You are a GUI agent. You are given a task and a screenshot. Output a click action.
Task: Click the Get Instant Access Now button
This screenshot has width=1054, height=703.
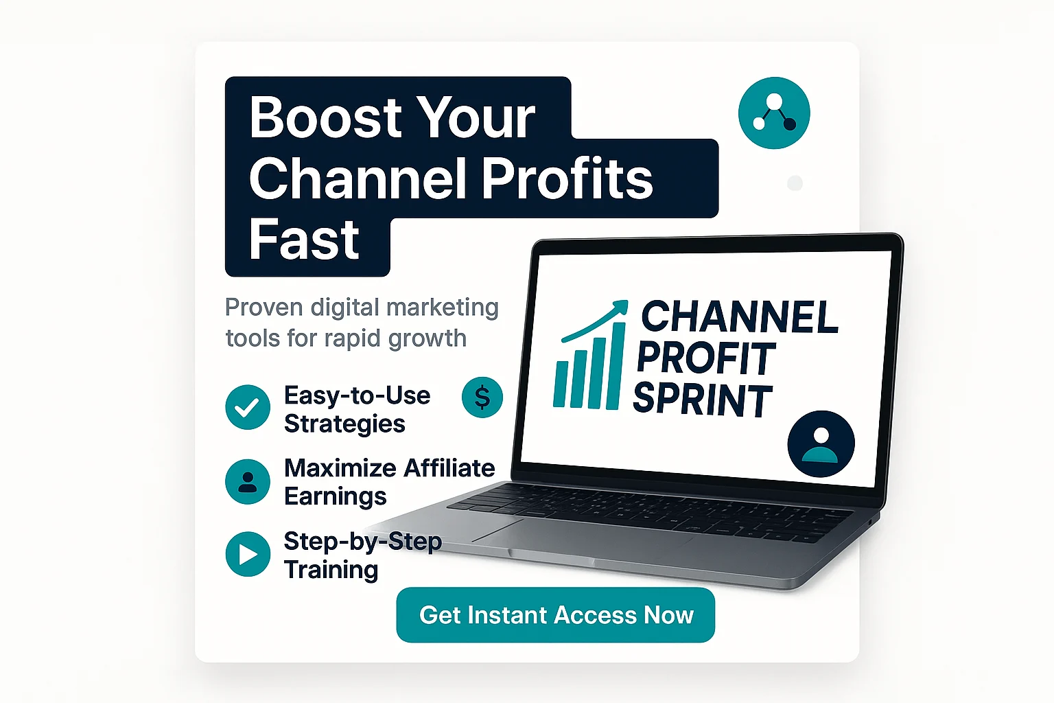pos(555,615)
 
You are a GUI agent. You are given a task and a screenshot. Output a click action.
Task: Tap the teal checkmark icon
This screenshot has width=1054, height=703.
pos(248,407)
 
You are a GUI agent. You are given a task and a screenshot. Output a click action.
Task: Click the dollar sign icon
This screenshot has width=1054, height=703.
pos(482,397)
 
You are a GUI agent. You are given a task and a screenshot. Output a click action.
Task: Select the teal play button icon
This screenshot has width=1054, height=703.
pos(248,554)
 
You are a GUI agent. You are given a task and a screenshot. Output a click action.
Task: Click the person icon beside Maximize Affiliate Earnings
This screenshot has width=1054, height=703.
pos(248,482)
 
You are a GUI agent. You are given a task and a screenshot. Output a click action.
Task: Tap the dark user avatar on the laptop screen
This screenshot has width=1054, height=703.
pos(821,443)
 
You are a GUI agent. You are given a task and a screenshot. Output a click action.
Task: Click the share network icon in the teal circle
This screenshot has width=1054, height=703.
pos(774,113)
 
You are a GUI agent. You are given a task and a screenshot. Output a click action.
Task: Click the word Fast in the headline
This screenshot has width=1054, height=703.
pos(304,241)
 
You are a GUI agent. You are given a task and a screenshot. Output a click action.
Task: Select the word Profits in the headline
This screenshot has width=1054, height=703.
pos(567,178)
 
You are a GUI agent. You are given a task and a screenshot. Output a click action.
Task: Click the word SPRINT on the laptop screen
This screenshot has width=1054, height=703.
pos(703,400)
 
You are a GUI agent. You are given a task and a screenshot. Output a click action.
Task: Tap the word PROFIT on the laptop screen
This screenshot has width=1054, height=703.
pos(707,358)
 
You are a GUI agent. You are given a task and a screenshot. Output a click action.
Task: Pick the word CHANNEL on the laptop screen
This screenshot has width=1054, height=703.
pos(740,317)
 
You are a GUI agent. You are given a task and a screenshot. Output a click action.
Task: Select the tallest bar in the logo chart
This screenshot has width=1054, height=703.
pos(616,366)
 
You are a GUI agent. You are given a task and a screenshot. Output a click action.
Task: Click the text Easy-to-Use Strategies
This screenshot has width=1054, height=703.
pos(357,409)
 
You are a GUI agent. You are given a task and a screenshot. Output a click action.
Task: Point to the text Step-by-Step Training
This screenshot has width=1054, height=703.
pos(362,555)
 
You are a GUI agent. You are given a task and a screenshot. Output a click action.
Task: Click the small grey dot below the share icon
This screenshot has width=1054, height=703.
pos(795,183)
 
